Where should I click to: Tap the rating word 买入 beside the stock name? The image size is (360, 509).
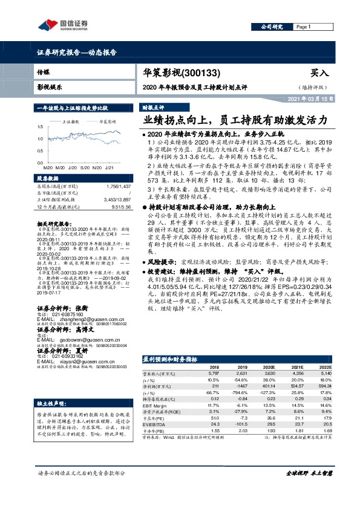[x=318, y=73]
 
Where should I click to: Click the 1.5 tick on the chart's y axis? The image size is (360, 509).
[x=39, y=126]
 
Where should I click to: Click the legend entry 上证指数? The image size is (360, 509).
[x=72, y=122]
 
